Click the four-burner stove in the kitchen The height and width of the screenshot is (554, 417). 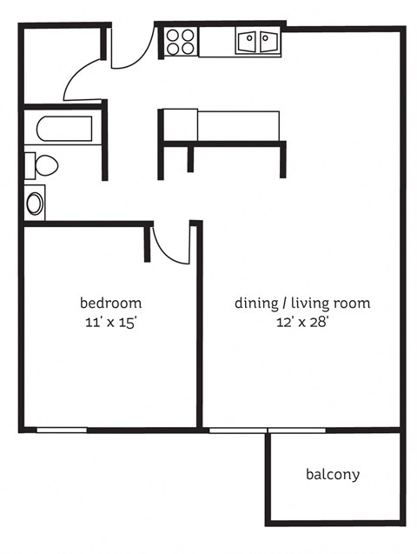[182, 42]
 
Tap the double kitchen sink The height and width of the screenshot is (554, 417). [256, 41]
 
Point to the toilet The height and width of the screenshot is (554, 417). [43, 164]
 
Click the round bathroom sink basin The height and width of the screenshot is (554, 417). [35, 204]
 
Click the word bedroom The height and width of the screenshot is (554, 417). [110, 304]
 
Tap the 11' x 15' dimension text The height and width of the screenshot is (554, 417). [110, 321]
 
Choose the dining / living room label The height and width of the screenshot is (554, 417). [302, 304]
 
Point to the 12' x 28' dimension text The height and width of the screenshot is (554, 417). [302, 321]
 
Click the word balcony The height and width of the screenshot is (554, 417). [332, 475]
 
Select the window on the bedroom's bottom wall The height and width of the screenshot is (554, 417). [62, 430]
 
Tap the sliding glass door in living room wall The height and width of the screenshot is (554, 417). [268, 430]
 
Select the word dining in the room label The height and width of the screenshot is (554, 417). [254, 304]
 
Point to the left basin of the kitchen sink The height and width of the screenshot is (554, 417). [247, 41]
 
